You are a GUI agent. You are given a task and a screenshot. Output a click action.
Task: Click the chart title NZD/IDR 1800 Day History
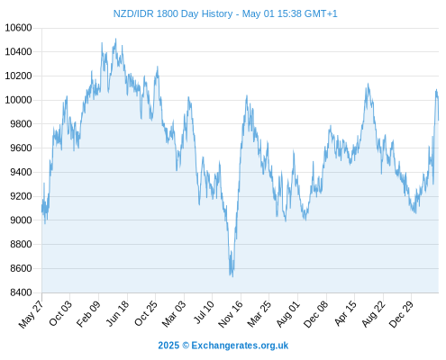pyautogui.click(x=173, y=13)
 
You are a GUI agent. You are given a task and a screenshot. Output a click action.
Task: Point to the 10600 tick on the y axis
pyautogui.click(x=18, y=28)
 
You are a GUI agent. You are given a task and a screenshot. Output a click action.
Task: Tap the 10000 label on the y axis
pyautogui.click(x=18, y=100)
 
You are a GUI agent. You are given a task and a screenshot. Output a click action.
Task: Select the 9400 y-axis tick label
pyautogui.click(x=21, y=172)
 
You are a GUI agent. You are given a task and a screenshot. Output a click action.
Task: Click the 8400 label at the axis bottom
pyautogui.click(x=21, y=292)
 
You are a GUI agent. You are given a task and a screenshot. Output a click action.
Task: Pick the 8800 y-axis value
pyautogui.click(x=21, y=244)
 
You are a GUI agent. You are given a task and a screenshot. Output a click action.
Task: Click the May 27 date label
pyautogui.click(x=31, y=314)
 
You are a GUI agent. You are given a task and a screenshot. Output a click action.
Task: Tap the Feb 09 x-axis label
pyautogui.click(x=88, y=313)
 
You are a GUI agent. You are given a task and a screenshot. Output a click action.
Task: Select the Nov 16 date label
pyautogui.click(x=231, y=314)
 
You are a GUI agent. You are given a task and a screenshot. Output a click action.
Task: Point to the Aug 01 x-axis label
pyautogui.click(x=288, y=314)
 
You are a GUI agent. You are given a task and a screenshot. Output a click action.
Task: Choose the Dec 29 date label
pyautogui.click(x=401, y=314)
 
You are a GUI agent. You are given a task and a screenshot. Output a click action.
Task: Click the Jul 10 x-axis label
pyautogui.click(x=205, y=312)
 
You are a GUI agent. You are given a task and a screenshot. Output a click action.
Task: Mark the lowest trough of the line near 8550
pyautogui.click(x=232, y=276)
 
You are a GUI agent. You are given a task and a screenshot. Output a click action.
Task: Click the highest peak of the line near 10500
pyautogui.click(x=116, y=39)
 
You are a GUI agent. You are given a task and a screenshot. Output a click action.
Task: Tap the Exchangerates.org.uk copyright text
pyautogui.click(x=240, y=346)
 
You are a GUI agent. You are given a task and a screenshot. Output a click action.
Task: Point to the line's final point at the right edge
pyautogui.click(x=439, y=120)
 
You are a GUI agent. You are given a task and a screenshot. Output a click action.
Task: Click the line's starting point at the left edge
pyautogui.click(x=42, y=207)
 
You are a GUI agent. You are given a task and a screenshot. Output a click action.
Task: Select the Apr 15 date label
pyautogui.click(x=345, y=313)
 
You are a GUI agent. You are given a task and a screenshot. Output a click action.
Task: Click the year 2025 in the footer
pyautogui.click(x=168, y=346)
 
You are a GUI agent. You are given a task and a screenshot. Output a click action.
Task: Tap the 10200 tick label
pyautogui.click(x=18, y=76)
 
